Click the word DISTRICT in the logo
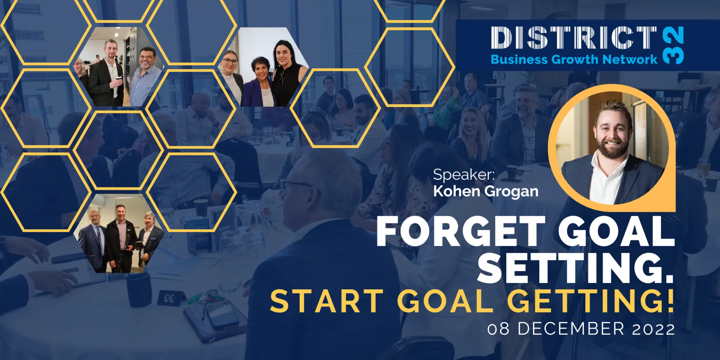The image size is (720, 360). (x=574, y=38)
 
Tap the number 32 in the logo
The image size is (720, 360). (x=673, y=45)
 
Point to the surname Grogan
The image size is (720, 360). (x=512, y=192)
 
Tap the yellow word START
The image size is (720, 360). (x=327, y=301)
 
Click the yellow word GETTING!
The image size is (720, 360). (x=590, y=301)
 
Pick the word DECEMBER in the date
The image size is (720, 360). (x=571, y=329)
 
